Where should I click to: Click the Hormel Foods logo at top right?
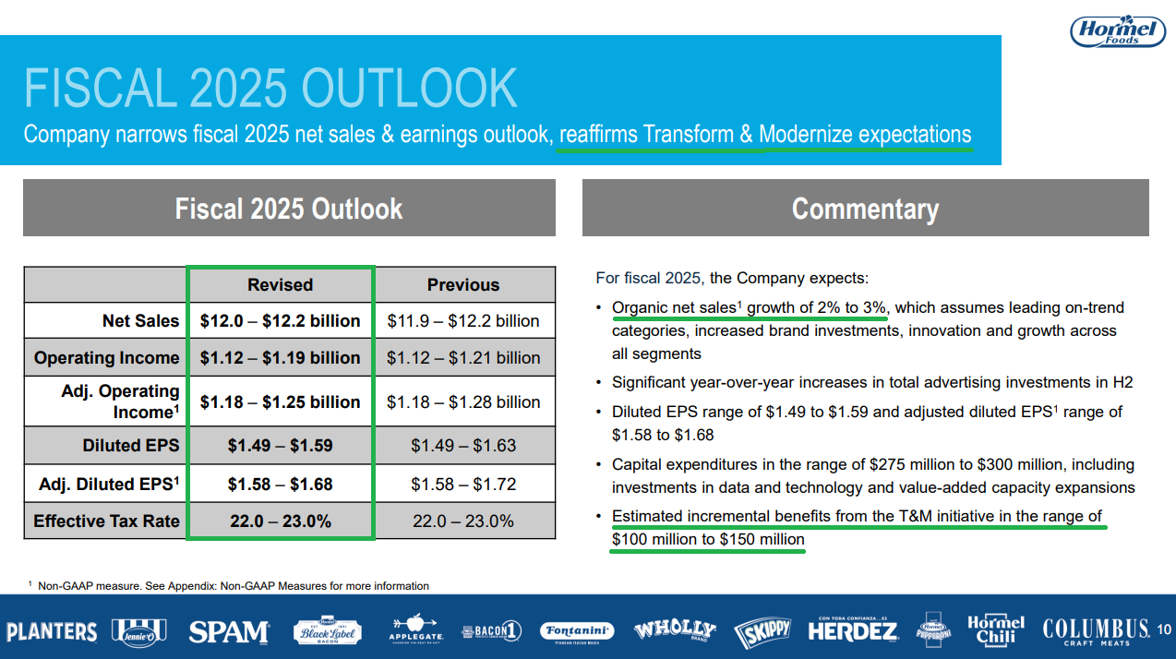pos(1118,31)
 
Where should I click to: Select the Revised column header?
pos(281,284)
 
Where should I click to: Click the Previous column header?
pos(463,284)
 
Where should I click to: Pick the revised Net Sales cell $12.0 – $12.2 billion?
pos(281,320)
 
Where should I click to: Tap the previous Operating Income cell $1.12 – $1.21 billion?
pos(463,357)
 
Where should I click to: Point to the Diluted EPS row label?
pos(131,445)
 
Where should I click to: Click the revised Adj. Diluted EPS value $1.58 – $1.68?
pos(281,484)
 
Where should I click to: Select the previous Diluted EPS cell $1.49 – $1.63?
pos(463,445)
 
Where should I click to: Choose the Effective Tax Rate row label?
pos(106,521)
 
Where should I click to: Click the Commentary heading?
pos(865,209)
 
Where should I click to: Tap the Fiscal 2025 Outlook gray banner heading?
pos(289,209)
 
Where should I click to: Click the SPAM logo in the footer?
pos(229,631)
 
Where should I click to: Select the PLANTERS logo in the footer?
pos(52,631)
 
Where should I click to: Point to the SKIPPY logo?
pos(762,632)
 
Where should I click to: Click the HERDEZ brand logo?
pos(853,630)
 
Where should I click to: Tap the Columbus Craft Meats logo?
pos(1096,631)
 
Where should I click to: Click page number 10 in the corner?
pos(1164,629)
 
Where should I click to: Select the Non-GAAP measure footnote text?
pos(229,585)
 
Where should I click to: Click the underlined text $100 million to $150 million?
pos(708,539)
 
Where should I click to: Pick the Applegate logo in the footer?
pos(415,629)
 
